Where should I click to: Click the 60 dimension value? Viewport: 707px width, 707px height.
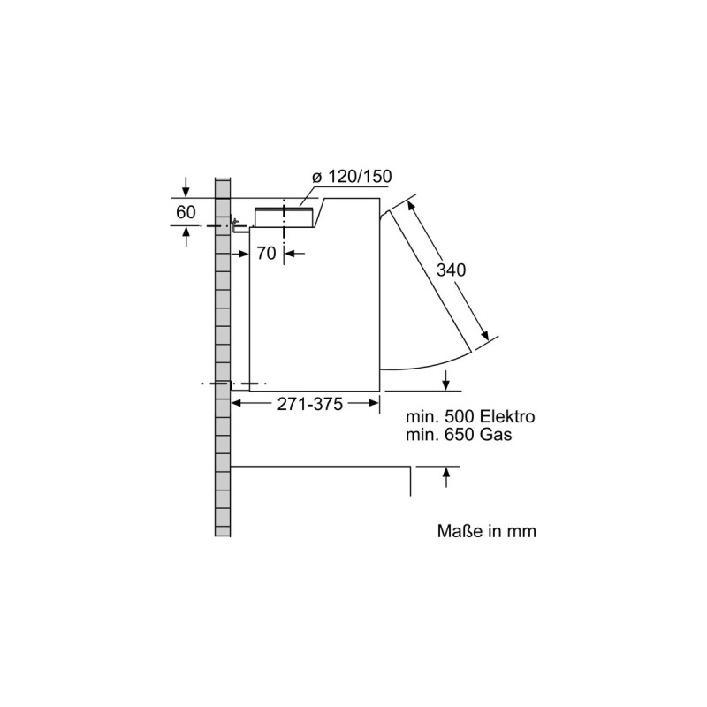(x=186, y=212)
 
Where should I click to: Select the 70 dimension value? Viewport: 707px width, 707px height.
(x=267, y=253)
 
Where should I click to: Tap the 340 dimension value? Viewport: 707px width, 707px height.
(x=451, y=270)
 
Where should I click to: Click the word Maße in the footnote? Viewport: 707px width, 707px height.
(x=458, y=532)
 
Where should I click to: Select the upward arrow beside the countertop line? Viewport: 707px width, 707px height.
(x=446, y=477)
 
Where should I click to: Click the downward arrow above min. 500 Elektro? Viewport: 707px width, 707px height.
(x=446, y=380)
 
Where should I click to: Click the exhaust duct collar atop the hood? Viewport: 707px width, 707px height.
(x=284, y=217)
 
